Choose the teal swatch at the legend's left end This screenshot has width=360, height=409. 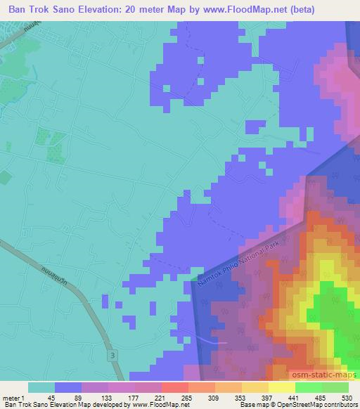[41, 387]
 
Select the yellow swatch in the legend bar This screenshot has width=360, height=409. [282, 387]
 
